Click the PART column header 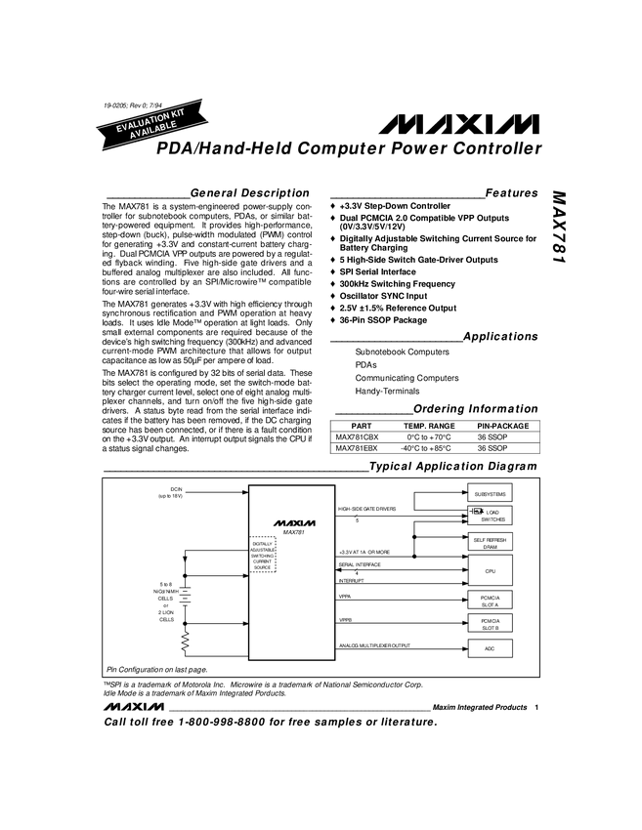[x=362, y=426]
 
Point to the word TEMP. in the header [x=415, y=426]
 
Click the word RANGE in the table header [x=442, y=426]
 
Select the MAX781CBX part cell [x=357, y=437]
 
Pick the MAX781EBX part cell [x=357, y=448]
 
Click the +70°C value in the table [x=442, y=437]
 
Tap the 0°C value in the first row [x=412, y=437]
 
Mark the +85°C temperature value [x=442, y=448]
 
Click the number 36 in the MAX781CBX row [x=482, y=437]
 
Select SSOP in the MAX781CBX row [x=499, y=437]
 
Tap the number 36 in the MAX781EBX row [x=482, y=448]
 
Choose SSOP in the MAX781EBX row [x=499, y=448]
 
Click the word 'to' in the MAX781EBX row [x=425, y=448]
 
